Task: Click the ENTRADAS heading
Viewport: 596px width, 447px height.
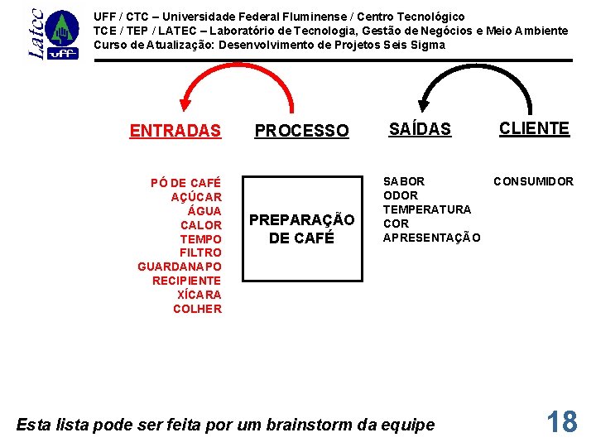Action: pyautogui.click(x=175, y=131)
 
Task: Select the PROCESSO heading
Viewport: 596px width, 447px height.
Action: pyautogui.click(x=301, y=131)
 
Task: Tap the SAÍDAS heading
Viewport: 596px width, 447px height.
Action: pyautogui.click(x=420, y=128)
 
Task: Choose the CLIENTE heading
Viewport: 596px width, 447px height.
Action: pyautogui.click(x=534, y=128)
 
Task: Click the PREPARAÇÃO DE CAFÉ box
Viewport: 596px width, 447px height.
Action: pyautogui.click(x=301, y=228)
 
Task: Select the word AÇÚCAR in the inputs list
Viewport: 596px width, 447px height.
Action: pyautogui.click(x=196, y=197)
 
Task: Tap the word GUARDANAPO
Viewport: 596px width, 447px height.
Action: pyautogui.click(x=180, y=267)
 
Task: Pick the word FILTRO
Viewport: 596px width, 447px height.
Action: pyautogui.click(x=200, y=252)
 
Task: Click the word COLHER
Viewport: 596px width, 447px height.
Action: pyautogui.click(x=197, y=309)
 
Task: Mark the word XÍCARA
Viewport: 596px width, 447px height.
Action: pyautogui.click(x=199, y=295)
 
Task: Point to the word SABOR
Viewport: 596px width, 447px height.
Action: pyautogui.click(x=404, y=181)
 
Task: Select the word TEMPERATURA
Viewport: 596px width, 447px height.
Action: pyautogui.click(x=426, y=209)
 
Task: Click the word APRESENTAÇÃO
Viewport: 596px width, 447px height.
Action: pyautogui.click(x=430, y=238)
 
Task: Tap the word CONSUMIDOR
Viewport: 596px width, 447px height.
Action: pyautogui.click(x=533, y=181)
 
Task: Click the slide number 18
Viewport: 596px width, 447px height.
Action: pyautogui.click(x=562, y=421)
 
